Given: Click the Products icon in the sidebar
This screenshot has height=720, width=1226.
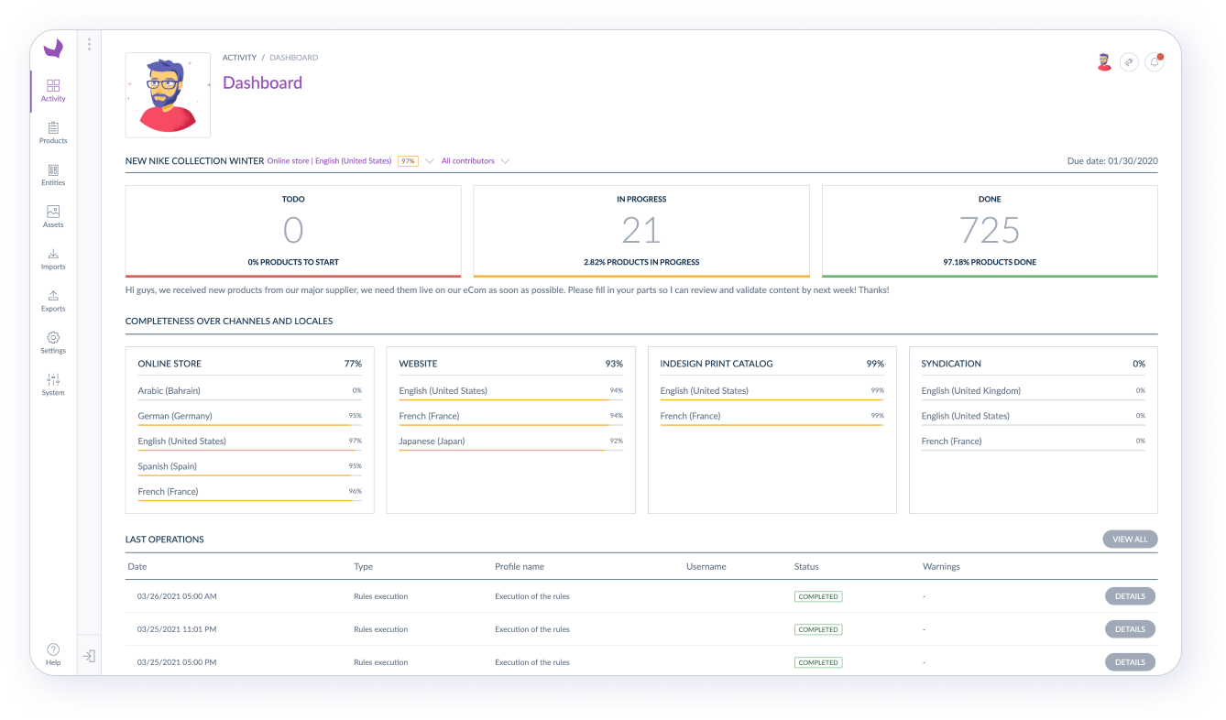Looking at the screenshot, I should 53,128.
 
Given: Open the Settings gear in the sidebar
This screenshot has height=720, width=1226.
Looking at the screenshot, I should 53,338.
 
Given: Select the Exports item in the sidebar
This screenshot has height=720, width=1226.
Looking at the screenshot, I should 53,296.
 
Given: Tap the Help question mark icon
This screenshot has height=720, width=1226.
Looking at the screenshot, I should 53,649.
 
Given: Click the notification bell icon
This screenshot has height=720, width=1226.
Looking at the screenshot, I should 1155,62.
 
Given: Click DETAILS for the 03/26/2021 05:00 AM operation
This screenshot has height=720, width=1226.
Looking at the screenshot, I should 1129,596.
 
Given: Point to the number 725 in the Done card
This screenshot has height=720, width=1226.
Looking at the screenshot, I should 990,230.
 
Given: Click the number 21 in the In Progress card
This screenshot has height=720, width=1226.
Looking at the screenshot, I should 640,230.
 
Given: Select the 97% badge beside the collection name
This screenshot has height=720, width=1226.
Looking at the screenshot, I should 408,161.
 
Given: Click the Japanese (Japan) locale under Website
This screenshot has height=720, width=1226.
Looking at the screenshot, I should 432,442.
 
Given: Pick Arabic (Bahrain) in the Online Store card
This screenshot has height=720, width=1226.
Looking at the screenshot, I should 169,391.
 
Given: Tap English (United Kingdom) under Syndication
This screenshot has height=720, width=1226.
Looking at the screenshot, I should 970,391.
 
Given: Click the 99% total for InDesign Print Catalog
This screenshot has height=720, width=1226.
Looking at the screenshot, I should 875,364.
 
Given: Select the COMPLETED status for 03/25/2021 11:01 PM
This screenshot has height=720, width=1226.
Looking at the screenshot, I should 818,629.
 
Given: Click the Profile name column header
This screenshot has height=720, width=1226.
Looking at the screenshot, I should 520,567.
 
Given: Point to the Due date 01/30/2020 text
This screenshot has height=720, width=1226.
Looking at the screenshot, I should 1112,161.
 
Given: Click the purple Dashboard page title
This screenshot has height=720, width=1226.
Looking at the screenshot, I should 262,82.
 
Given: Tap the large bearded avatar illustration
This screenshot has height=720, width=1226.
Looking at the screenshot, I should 168,95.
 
